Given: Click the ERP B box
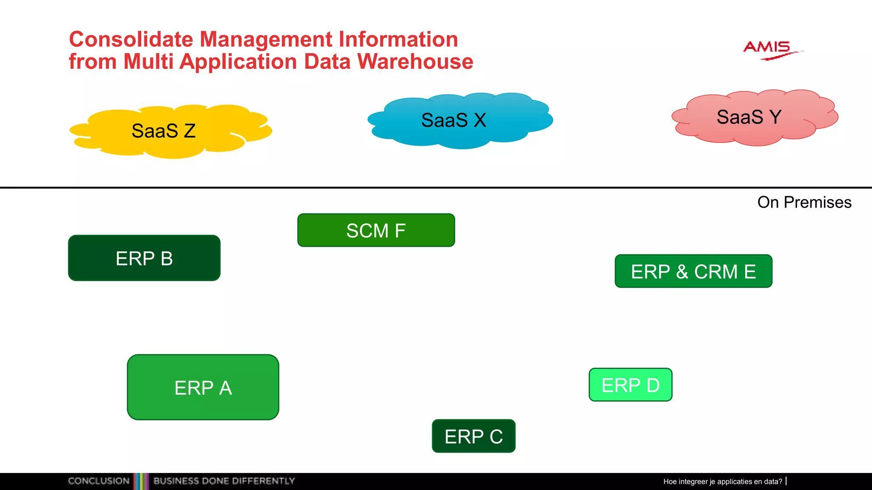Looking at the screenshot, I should point(144,258).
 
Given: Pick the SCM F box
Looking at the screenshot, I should point(376,231).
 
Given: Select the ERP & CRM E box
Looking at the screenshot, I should point(693,271).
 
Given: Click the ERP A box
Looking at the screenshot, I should point(203,387).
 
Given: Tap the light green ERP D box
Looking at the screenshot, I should point(631,385).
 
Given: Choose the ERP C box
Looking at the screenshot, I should point(473,436).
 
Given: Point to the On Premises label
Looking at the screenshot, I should point(804,202).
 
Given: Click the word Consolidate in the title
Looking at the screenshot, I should point(131,40).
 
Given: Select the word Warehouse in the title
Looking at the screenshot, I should point(415,62).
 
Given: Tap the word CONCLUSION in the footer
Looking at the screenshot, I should point(99,481).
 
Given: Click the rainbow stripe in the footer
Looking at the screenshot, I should point(141,481).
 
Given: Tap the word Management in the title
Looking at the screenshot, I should point(266,40).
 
